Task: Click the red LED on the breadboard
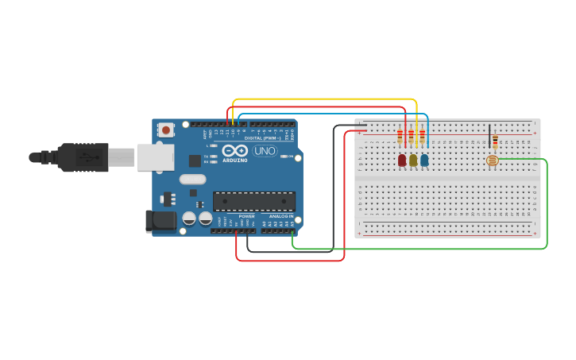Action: tap(402, 160)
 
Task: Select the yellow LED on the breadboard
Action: tap(413, 160)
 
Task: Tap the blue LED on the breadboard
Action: tap(424, 160)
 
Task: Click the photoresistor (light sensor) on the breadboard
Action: tap(493, 161)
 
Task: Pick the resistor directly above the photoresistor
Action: tap(495, 141)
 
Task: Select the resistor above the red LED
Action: tap(400, 137)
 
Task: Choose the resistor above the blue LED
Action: tap(422, 137)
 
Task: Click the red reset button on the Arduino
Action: tap(165, 130)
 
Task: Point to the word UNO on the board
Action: tap(265, 151)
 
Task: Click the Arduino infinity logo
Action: tap(235, 150)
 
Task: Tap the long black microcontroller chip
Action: tap(253, 201)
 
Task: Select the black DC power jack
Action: tap(160, 221)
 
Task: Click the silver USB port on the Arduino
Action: tap(154, 157)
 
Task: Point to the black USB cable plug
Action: tap(83, 157)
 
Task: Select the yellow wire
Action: tap(326, 99)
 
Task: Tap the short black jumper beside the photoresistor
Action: tap(489, 136)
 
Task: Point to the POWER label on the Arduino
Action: tap(247, 216)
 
